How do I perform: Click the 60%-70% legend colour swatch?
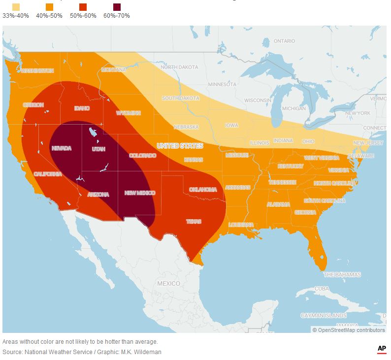[117, 6]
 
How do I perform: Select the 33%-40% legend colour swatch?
[16, 6]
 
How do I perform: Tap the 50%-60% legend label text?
[83, 16]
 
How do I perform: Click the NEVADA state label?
[62, 148]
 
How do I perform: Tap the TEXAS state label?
[194, 222]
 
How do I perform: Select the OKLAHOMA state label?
[203, 190]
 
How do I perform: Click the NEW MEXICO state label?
[140, 193]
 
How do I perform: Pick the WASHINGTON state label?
[37, 71]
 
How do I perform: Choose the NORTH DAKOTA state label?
[179, 67]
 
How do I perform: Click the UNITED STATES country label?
[180, 146]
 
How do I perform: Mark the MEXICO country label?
[168, 284]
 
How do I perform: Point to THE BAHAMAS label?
[342, 274]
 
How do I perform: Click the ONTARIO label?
[284, 41]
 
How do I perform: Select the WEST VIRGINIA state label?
[321, 158]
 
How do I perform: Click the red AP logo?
[382, 349]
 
